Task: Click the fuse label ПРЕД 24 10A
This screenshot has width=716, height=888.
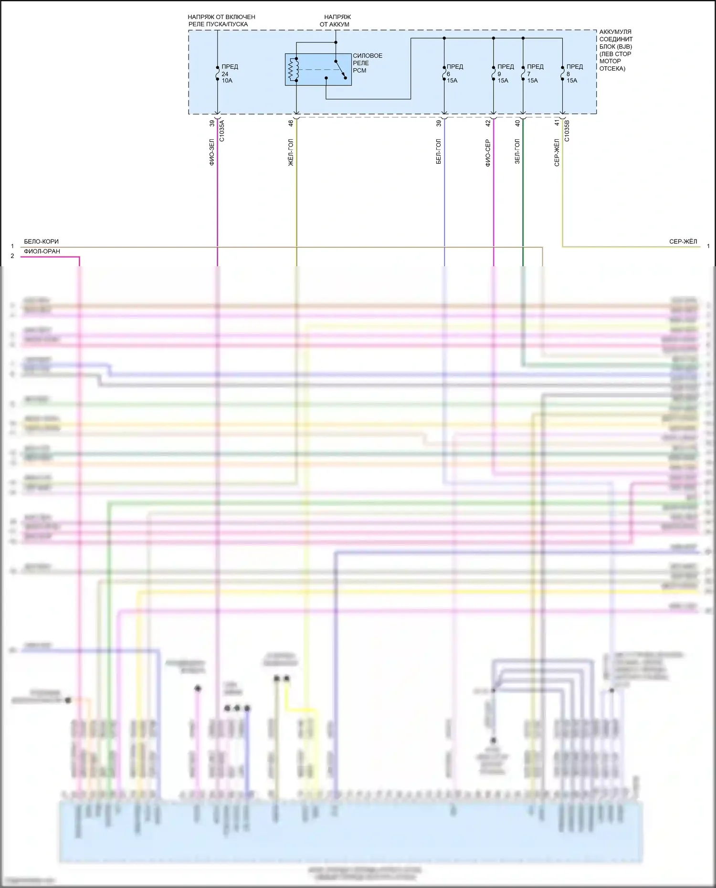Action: click(x=229, y=73)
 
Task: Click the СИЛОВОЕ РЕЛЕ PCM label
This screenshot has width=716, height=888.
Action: click(x=367, y=63)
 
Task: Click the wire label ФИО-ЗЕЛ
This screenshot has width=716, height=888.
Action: click(x=212, y=152)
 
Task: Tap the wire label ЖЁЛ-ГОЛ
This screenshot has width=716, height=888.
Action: click(x=291, y=152)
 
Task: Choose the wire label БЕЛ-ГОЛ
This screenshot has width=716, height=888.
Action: click(x=439, y=152)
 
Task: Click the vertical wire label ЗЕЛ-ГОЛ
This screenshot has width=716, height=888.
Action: click(x=517, y=152)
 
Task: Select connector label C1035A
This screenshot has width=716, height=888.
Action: click(x=222, y=131)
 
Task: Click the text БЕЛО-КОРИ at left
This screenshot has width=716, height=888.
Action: click(x=42, y=241)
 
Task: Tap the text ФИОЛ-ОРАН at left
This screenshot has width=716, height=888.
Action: click(x=42, y=251)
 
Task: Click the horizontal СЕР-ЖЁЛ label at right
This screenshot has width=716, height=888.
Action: click(x=683, y=242)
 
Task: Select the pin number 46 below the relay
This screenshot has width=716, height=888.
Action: click(x=291, y=123)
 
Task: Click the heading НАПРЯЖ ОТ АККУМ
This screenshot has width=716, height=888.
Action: click(x=336, y=21)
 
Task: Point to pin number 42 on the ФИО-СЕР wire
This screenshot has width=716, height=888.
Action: click(x=488, y=123)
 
